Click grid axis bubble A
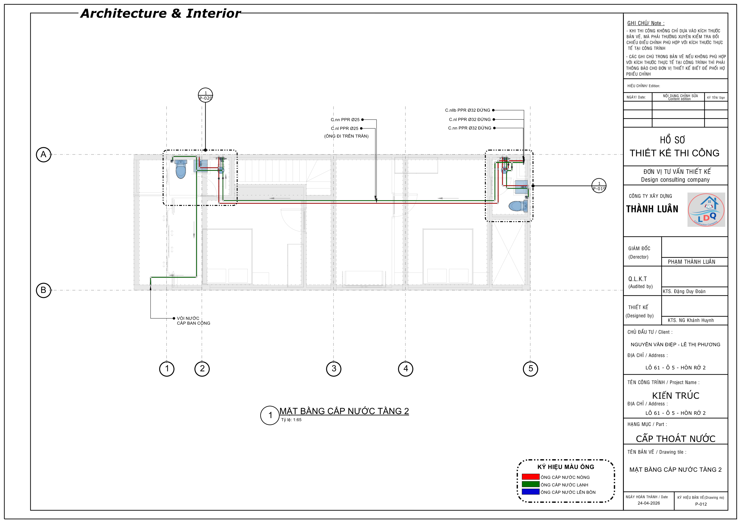pos(43,154)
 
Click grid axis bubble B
pos(43,290)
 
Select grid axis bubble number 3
pos(334,368)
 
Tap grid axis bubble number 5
pos(530,368)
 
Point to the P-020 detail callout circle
pos(205,95)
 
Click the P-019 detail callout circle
pos(599,186)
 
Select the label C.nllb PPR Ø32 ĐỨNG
pos(467,110)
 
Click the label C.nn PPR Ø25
pos(345,120)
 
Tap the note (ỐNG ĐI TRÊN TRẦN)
pos(346,136)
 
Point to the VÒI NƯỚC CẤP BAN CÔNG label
pos(193,321)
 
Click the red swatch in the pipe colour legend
pos(531,476)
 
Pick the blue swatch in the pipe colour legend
pos(531,492)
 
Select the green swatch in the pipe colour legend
pos(531,484)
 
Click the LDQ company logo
pos(706,210)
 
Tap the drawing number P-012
pos(701,504)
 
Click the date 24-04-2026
pos(649,503)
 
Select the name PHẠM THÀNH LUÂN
pos(692,262)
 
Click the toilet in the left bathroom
pos(181,169)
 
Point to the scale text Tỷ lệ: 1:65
pos(291,420)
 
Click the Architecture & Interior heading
pos(160,13)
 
